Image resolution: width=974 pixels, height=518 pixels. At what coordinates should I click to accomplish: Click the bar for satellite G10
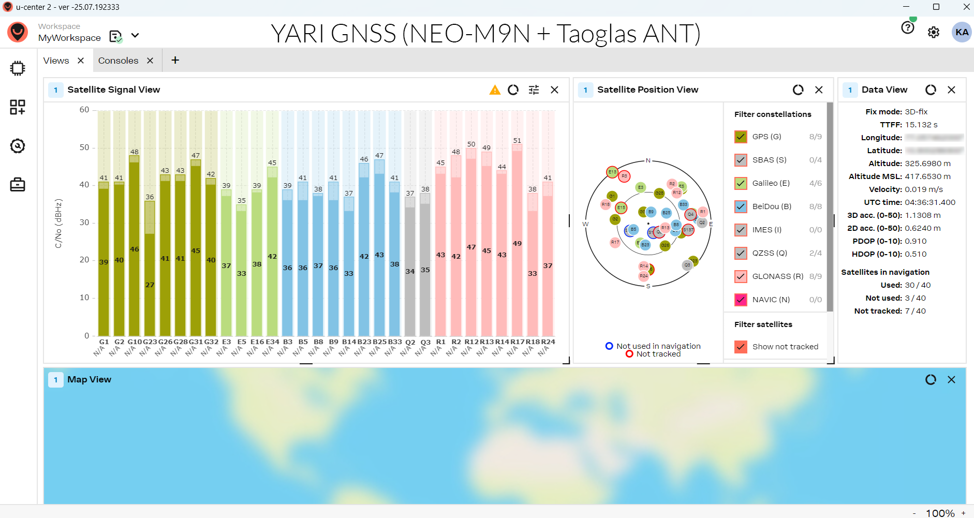click(x=134, y=248)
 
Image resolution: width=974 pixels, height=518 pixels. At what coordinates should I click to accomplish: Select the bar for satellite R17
click(x=517, y=243)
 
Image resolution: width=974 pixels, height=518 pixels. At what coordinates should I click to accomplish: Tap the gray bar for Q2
click(x=410, y=269)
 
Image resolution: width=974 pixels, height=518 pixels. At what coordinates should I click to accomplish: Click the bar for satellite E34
click(x=272, y=256)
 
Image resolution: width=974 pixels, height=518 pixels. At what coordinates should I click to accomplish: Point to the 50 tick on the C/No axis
click(x=84, y=147)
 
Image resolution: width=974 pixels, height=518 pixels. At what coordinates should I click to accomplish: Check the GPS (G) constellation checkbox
click(x=741, y=137)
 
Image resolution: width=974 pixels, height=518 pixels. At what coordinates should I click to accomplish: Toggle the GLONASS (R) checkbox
click(x=741, y=276)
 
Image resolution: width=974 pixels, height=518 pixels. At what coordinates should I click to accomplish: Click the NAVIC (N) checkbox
click(x=741, y=300)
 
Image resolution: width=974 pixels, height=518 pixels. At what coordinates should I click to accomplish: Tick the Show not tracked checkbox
click(x=741, y=347)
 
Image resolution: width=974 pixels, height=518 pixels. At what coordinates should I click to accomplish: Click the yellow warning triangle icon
click(x=495, y=90)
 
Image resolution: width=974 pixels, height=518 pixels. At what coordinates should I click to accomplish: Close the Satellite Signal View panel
click(x=554, y=90)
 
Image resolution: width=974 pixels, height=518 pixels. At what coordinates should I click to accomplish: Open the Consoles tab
click(x=119, y=61)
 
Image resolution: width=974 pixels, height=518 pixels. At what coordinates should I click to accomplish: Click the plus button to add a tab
click(x=175, y=61)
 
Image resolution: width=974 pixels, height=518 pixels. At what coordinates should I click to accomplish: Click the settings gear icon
click(x=933, y=32)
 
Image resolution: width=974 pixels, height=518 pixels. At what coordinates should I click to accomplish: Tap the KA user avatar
click(x=962, y=32)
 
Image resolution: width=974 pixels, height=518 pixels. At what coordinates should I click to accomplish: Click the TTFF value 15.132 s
click(x=921, y=125)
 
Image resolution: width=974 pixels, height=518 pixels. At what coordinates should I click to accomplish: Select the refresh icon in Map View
click(x=931, y=380)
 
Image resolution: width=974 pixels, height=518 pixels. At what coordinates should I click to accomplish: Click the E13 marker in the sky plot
click(x=612, y=172)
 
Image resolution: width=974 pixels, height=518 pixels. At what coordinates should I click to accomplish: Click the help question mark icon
click(x=907, y=27)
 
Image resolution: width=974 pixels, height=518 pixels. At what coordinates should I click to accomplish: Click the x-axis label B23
click(x=364, y=342)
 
